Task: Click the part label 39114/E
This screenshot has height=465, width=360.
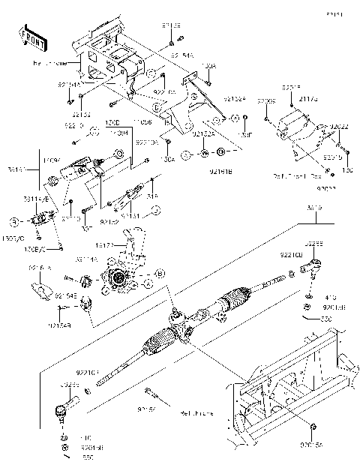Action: (x=36, y=200)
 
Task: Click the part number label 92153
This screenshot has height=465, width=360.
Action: (x=81, y=115)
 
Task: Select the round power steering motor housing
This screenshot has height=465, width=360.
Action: (x=119, y=280)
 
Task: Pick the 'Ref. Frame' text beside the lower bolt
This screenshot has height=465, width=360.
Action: (x=197, y=412)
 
